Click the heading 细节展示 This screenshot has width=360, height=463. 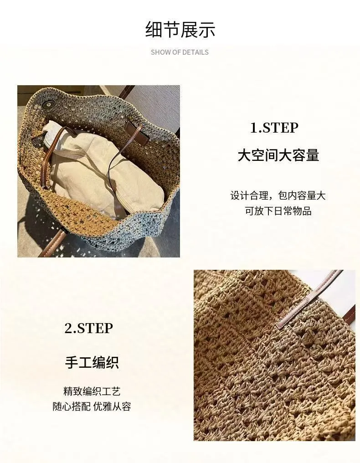click(x=180, y=30)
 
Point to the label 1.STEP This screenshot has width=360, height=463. click(x=274, y=128)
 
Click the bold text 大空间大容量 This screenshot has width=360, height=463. click(x=278, y=155)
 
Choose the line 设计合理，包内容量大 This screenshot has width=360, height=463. click(x=278, y=195)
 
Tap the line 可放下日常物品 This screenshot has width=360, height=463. click(x=278, y=211)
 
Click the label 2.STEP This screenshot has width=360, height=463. click(x=88, y=328)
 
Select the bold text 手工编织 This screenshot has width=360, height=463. click(x=92, y=362)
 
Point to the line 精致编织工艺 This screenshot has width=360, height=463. click(x=92, y=391)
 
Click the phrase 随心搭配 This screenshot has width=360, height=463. click(x=72, y=406)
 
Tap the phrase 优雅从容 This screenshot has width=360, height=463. click(x=112, y=406)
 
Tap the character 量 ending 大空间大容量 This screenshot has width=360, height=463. click(x=312, y=155)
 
